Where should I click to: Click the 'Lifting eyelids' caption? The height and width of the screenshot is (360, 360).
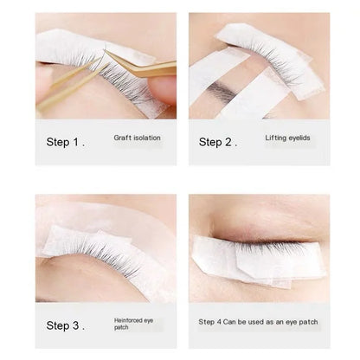(x=286, y=138)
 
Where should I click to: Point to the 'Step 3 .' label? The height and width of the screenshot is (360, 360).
(x=67, y=325)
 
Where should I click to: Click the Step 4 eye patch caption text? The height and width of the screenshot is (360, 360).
(x=258, y=322)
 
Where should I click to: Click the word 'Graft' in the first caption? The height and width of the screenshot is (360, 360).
(x=122, y=138)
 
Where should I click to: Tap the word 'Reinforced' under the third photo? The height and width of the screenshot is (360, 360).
(x=129, y=320)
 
